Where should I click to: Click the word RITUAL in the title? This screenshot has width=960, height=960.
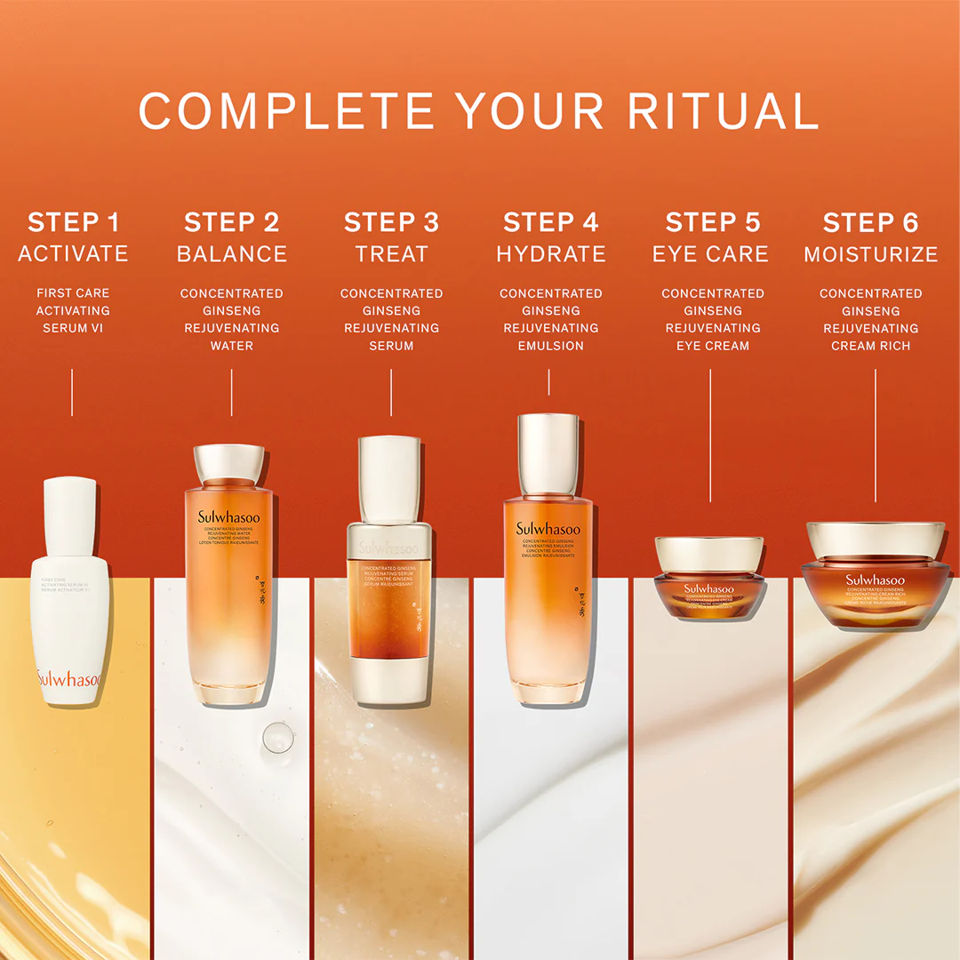coord(723,111)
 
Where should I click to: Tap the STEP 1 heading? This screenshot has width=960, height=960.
coord(73,222)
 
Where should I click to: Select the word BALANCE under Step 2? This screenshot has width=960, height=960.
coord(232,254)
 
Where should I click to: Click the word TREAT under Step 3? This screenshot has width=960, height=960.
coord(391,254)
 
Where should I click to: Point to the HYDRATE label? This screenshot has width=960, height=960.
coord(551,254)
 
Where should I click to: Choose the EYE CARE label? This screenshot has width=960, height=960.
coord(710,254)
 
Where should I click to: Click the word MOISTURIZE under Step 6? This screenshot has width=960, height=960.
coord(871,254)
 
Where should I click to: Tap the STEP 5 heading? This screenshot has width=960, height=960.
coord(713,222)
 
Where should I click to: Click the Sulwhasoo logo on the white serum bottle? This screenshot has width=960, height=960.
coord(69,679)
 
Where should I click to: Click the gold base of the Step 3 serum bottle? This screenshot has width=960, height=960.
coord(389,681)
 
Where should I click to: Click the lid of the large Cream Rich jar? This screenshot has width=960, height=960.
coord(875,540)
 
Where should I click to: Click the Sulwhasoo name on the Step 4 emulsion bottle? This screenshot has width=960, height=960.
coord(548,529)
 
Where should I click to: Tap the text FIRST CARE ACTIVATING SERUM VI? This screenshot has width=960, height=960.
coord(73,310)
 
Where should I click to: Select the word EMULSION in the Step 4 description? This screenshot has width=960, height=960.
coord(551,346)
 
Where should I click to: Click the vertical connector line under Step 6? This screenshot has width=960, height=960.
coord(876,436)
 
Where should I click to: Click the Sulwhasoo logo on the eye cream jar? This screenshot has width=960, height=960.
coord(708,588)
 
